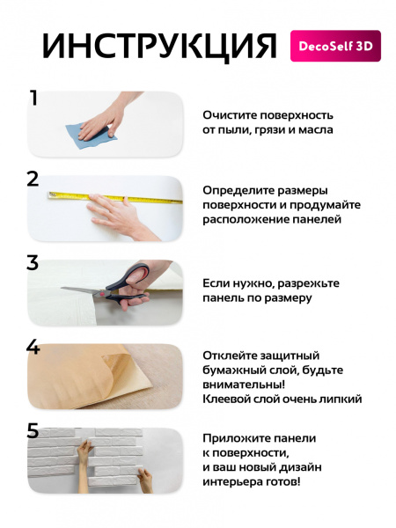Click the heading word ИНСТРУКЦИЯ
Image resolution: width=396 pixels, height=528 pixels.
tap(159, 47)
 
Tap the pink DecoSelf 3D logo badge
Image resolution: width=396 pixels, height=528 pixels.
tap(335, 46)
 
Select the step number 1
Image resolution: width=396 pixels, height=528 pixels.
tap(33, 98)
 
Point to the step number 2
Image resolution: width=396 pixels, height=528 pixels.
tap(33, 180)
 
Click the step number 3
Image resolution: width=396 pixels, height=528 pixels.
tap(33, 262)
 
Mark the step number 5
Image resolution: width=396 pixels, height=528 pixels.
tap(33, 430)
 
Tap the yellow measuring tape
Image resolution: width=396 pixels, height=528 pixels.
tap(115, 198)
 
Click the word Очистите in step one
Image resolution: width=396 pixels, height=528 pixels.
tap(224, 115)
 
